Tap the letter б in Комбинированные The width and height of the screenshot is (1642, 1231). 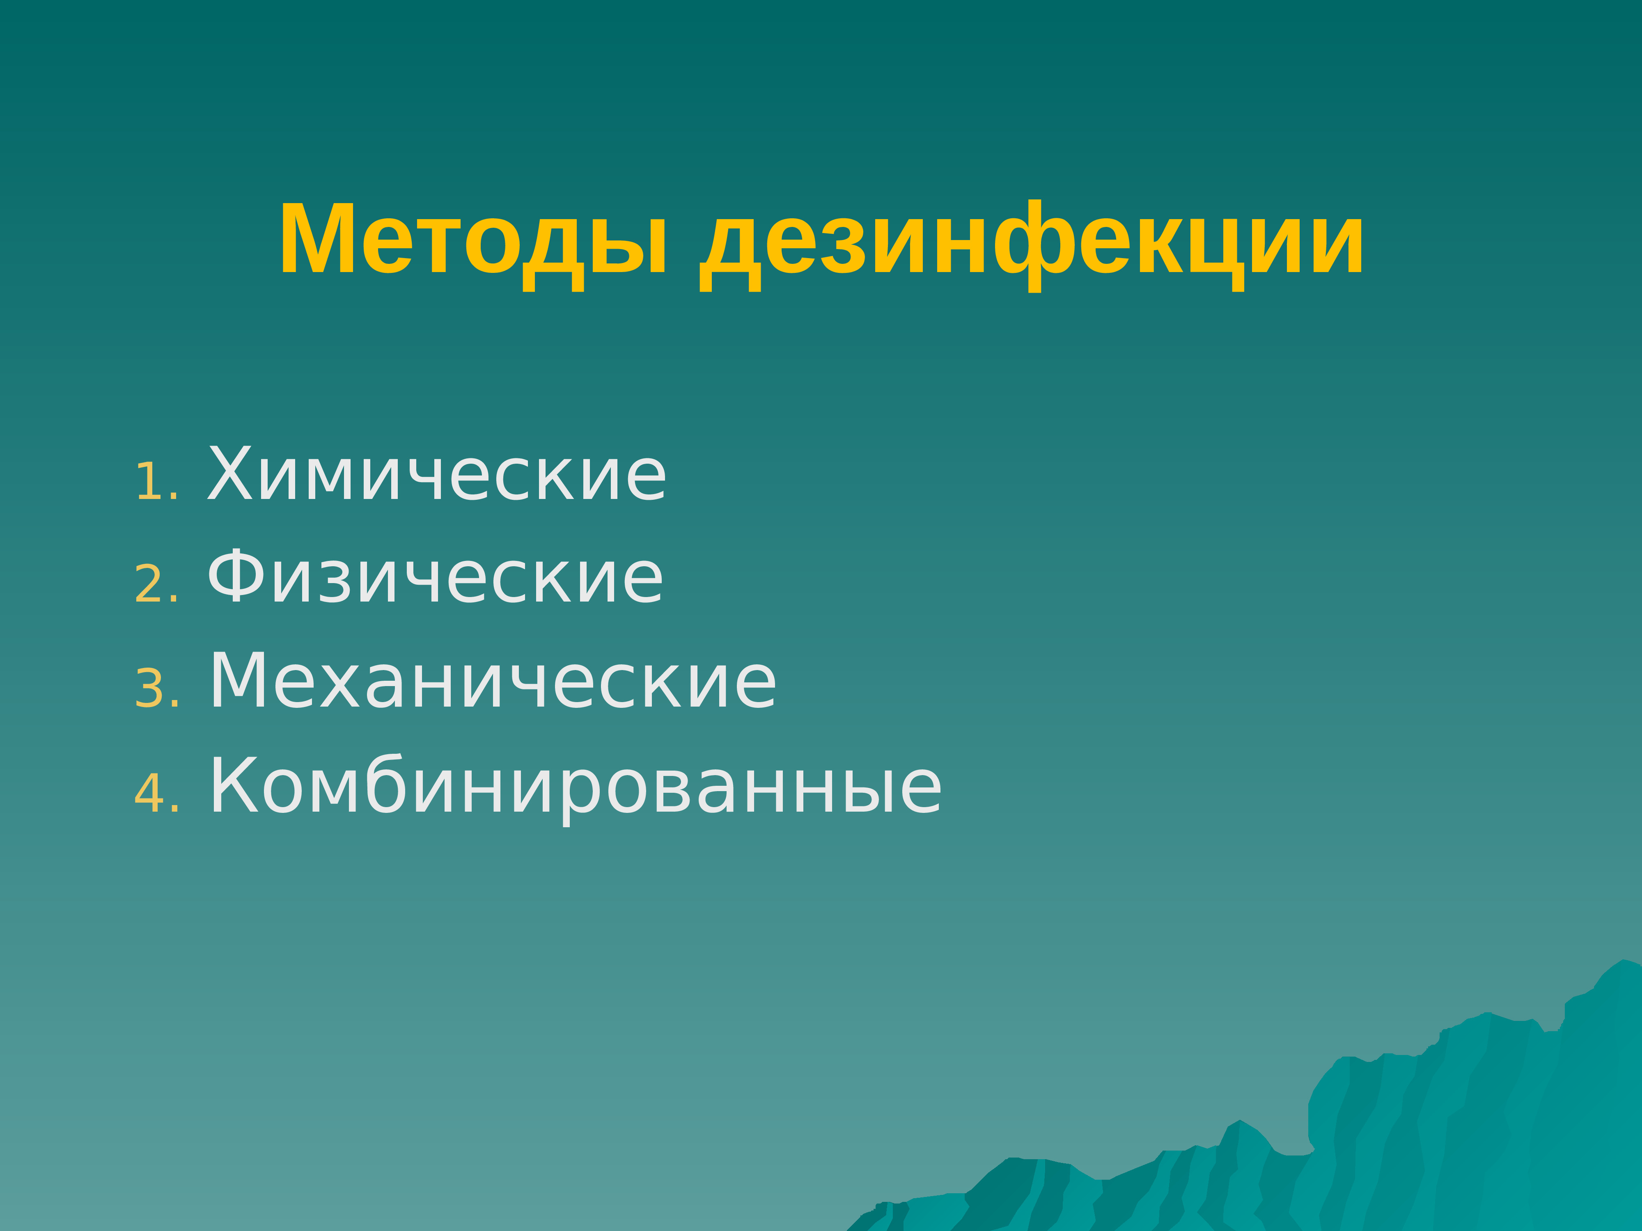(388, 786)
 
